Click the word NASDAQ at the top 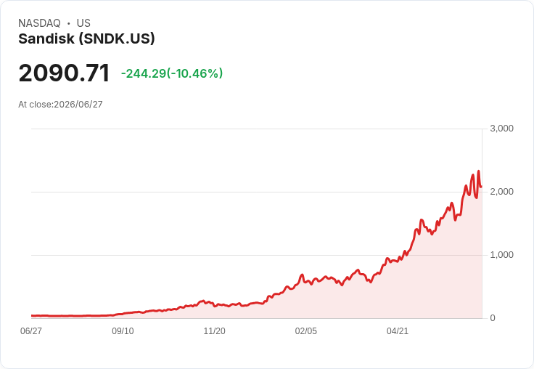point(39,23)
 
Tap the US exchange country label point(83,23)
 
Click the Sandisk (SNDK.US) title point(86,39)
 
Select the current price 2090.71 point(64,73)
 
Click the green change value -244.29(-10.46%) point(172,73)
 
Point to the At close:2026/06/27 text point(60,105)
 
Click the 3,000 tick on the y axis point(501,129)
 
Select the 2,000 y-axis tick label point(501,192)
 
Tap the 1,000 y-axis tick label point(501,255)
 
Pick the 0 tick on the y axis point(493,318)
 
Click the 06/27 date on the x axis point(31,331)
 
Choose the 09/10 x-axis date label point(123,331)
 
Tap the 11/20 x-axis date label point(214,331)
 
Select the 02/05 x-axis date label point(306,331)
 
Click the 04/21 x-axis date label point(398,331)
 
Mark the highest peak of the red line point(478,171)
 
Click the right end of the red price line point(481,187)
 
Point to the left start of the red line point(32,316)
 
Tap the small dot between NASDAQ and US point(69,23)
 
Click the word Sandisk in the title point(46,39)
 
